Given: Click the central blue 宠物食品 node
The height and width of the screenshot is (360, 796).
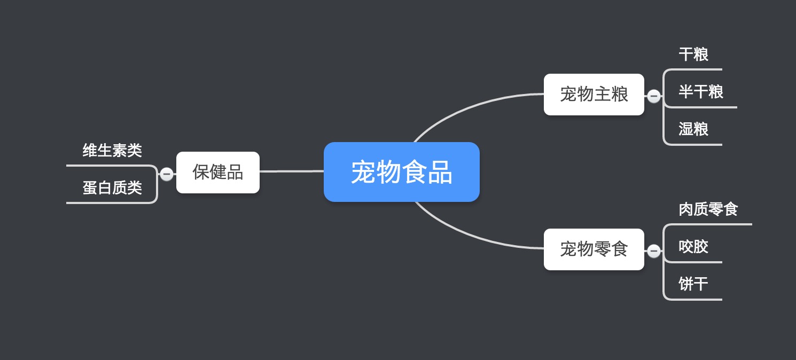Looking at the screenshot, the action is coord(402,172).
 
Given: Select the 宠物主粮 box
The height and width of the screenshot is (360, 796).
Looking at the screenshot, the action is coord(594,95).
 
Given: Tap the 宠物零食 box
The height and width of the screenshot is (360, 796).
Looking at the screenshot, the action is coord(594,249).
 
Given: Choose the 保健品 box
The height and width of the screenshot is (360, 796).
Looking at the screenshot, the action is coord(218,173).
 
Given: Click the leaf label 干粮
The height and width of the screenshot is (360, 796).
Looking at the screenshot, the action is coord(693,54).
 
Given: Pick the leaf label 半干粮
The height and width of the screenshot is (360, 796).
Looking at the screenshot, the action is coord(701,92).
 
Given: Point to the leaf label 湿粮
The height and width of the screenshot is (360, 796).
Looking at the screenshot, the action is coord(693,129).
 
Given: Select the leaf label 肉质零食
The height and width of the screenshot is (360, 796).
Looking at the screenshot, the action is coord(708,209).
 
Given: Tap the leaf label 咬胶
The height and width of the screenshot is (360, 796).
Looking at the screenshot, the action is coord(693,247).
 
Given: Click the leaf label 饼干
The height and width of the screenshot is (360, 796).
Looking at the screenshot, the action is coord(693,284).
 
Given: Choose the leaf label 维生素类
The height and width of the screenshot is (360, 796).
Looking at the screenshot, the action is coord(112,150).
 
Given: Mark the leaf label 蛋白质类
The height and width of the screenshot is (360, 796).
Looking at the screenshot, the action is coord(112,187).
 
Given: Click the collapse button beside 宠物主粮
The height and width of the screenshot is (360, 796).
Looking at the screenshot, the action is coord(654,96).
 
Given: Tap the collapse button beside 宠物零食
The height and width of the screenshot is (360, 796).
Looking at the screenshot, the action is coord(654,251).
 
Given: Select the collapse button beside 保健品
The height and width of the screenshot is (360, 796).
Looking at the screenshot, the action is coord(167,174).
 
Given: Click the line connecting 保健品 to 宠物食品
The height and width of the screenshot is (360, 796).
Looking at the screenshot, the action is coord(292,171).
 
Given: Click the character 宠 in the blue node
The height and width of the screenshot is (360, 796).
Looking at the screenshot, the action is coord(363,173).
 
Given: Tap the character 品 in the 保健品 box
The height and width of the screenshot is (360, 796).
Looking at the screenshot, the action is coord(235,173).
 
